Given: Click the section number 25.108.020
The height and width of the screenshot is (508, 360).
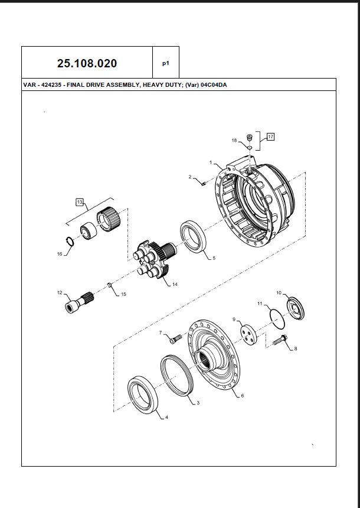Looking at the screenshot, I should click(87, 63).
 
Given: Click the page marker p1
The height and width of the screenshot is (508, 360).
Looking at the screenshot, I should click(166, 62).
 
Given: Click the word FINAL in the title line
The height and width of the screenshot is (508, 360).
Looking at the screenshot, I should click(78, 85).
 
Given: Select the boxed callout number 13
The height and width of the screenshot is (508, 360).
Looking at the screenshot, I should click(80, 202).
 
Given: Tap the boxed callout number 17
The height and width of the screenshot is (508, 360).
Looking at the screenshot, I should click(270, 136).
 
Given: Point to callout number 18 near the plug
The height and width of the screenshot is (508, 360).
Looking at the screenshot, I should click(234, 141).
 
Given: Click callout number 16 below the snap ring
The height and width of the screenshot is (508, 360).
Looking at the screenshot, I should click(59, 254).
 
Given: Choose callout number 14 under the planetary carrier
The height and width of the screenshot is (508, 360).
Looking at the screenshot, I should click(175, 284).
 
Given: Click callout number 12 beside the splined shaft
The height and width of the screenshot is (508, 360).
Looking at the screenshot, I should click(59, 292).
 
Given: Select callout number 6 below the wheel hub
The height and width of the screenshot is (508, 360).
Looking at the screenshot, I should click(242, 396).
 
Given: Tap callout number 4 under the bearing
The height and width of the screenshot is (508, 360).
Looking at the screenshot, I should click(166, 418).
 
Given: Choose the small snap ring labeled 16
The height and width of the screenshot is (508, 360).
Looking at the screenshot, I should click(69, 241).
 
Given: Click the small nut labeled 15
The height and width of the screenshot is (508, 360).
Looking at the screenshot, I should click(110, 286).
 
